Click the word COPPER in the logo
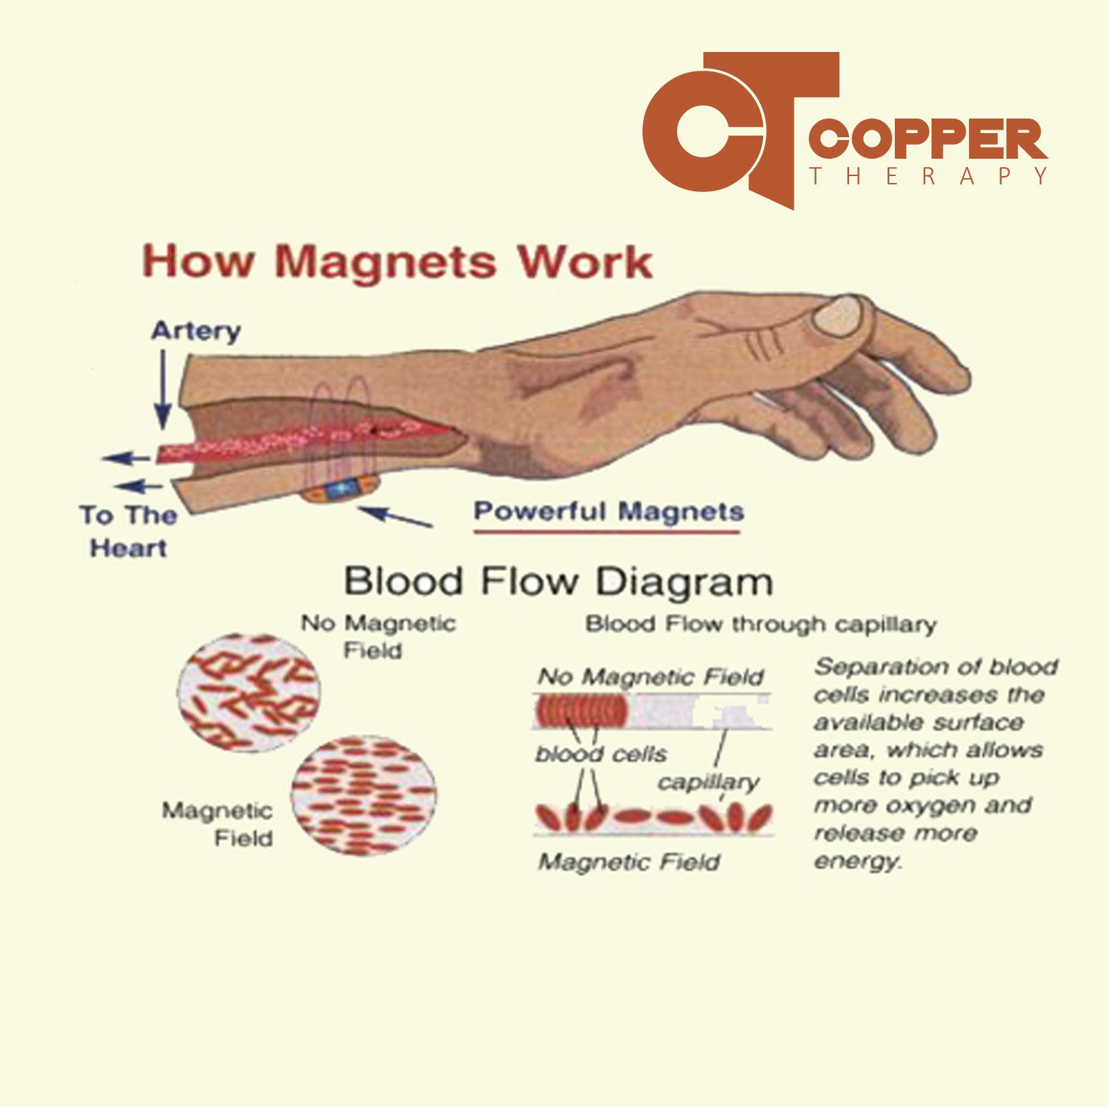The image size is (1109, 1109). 929,141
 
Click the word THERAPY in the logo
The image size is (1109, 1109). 929,176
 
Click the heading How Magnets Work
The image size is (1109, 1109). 397,262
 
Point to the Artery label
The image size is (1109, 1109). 196,331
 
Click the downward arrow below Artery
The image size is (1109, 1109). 162,389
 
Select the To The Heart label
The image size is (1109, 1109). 128,532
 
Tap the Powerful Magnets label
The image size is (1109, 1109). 609,512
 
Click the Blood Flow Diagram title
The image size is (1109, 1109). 559,581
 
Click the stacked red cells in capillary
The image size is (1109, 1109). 581,710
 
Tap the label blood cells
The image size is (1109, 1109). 601,753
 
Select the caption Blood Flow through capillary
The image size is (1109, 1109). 761,625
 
